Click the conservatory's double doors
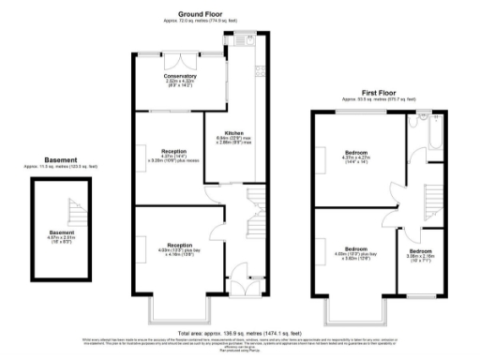point(180,56)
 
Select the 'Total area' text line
point(240,332)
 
